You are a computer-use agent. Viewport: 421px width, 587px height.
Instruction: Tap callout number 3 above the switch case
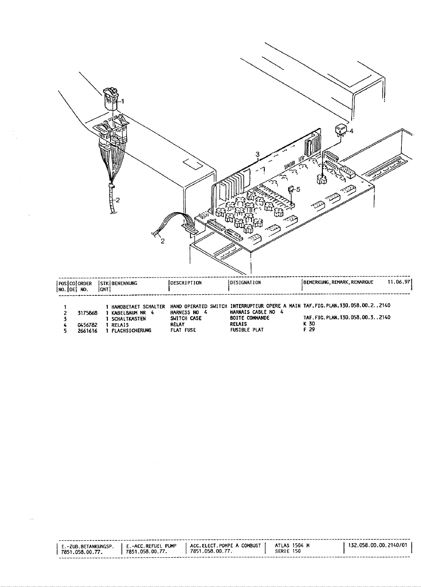pos(258,155)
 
